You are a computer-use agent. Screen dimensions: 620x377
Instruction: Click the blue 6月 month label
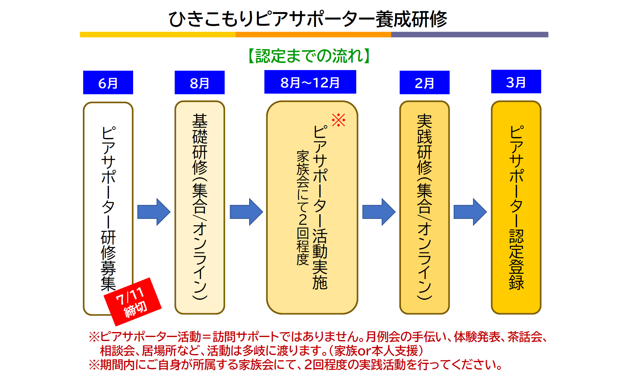pyautogui.click(x=108, y=82)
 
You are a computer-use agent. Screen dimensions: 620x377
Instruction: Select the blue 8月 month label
pyautogui.click(x=200, y=82)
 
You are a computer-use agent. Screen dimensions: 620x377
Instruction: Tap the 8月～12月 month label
pyautogui.click(x=310, y=82)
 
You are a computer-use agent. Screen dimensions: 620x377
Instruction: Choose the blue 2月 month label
pyautogui.click(x=425, y=82)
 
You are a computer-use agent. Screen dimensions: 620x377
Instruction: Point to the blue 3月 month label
pyautogui.click(x=516, y=82)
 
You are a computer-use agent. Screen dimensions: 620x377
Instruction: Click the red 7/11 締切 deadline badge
pyautogui.click(x=133, y=302)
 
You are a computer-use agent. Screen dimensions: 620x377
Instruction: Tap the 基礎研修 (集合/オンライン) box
pyautogui.click(x=200, y=207)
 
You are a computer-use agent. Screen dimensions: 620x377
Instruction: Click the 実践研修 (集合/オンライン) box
pyautogui.click(x=425, y=207)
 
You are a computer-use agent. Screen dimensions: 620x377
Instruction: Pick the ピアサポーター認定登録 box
pyautogui.click(x=516, y=207)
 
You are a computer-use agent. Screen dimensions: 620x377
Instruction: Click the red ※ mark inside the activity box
pyautogui.click(x=338, y=120)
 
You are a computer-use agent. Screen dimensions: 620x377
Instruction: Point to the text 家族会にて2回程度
pyautogui.click(x=303, y=208)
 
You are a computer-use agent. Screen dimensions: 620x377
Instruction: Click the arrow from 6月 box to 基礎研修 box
pyautogui.click(x=154, y=212)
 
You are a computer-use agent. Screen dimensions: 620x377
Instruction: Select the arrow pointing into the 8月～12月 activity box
pyautogui.click(x=246, y=212)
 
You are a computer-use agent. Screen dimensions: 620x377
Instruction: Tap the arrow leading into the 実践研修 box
pyautogui.click(x=379, y=212)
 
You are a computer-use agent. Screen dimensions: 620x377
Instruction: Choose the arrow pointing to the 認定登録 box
pyautogui.click(x=470, y=212)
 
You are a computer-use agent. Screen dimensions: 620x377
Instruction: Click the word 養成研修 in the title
pyautogui.click(x=411, y=19)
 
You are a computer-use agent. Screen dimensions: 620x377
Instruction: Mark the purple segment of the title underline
pyautogui.click(x=469, y=34)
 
